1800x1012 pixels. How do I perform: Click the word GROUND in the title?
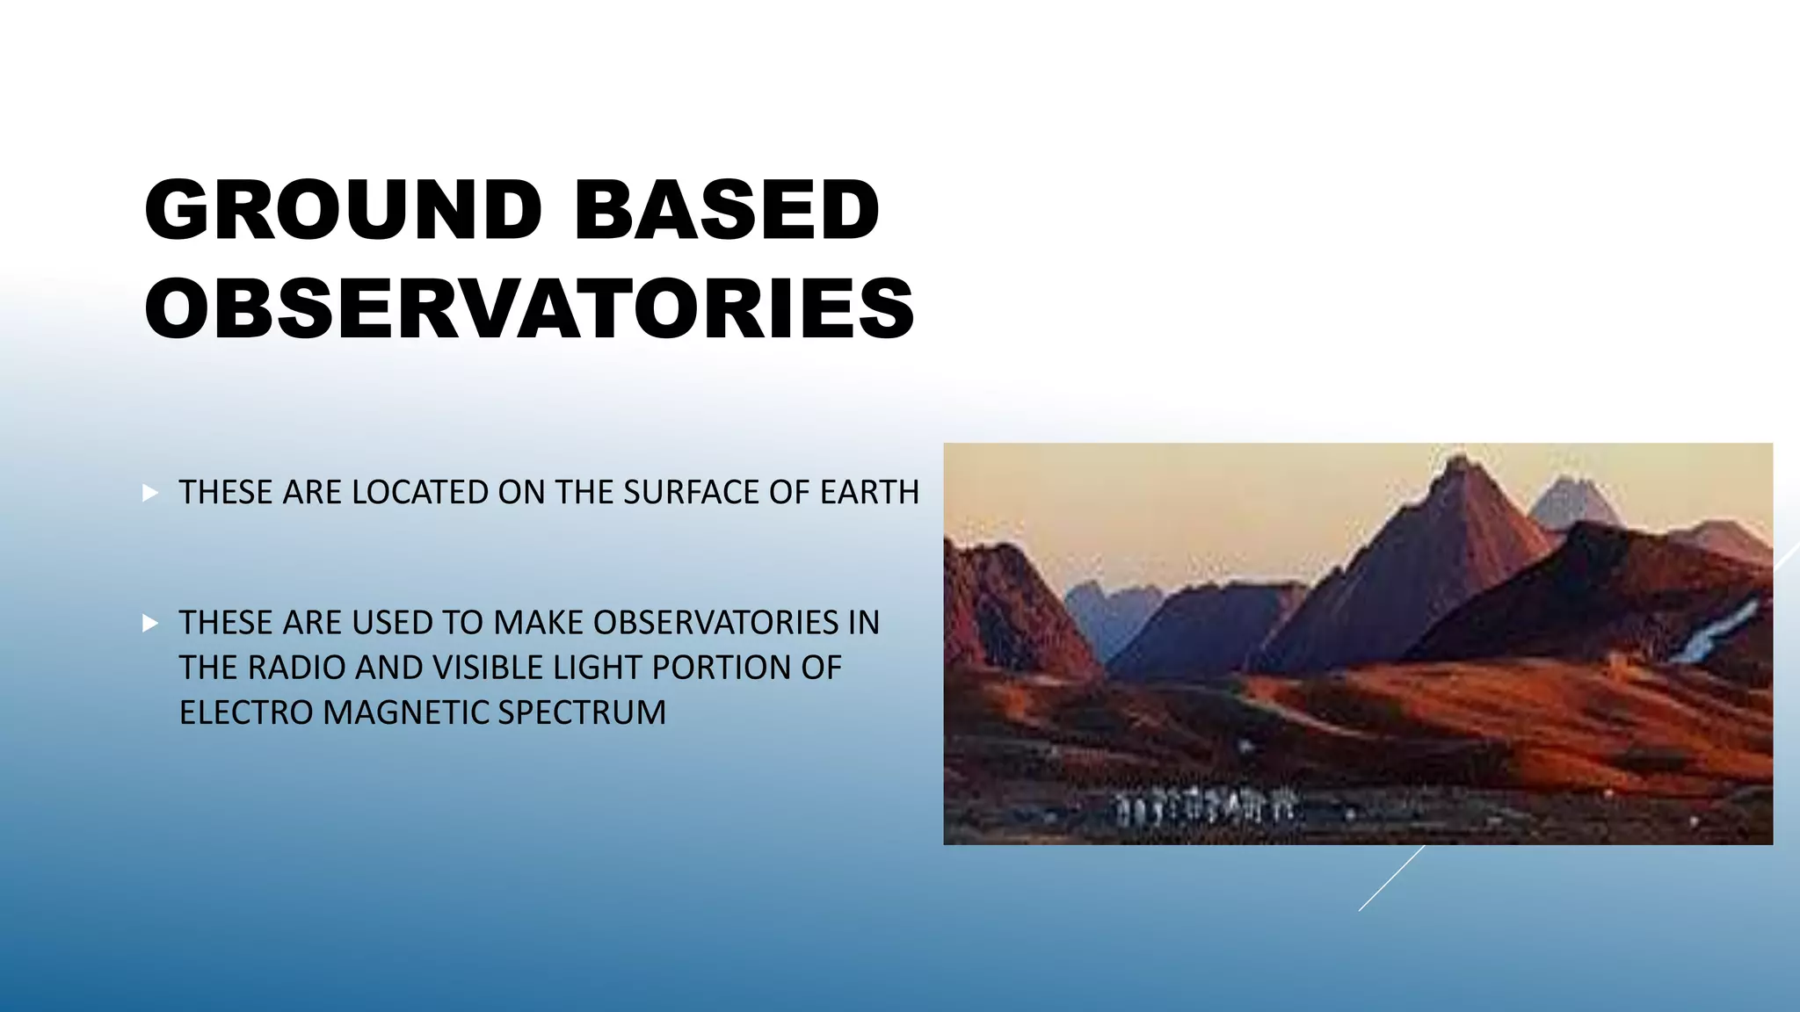coord(343,211)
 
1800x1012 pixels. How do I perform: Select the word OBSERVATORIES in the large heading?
coord(529,308)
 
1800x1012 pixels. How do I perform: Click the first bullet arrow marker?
coord(150,493)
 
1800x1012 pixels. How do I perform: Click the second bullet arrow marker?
coord(150,624)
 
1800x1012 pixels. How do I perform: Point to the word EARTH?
coord(869,493)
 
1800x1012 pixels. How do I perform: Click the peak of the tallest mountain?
coord(1460,460)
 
